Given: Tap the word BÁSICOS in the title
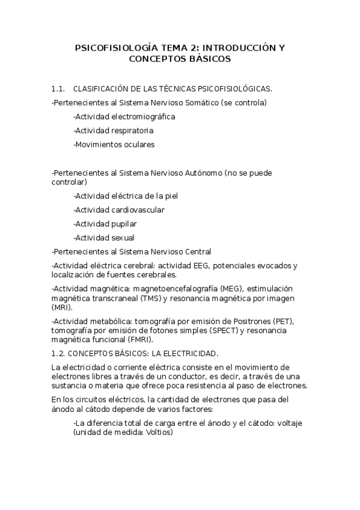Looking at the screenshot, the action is point(206,59).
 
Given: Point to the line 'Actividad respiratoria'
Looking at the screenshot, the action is point(113,131).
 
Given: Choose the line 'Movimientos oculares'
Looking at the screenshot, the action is point(114,144).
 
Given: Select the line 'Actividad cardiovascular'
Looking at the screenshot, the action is point(118,210).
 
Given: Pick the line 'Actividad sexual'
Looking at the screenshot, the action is point(104,238).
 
